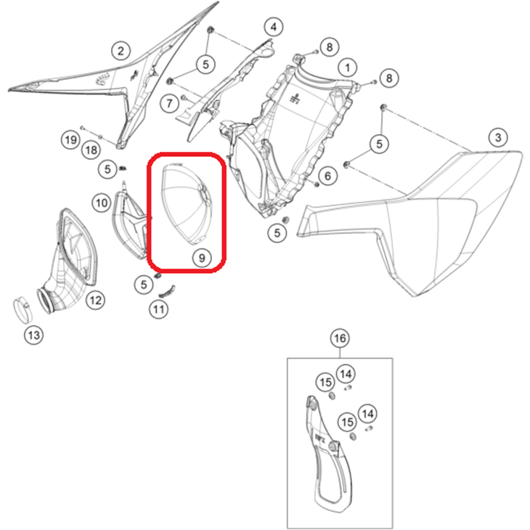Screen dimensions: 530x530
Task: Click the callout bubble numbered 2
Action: tap(121, 51)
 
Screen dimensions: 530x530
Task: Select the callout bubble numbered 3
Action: tap(498, 137)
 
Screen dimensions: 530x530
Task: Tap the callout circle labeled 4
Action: tap(274, 27)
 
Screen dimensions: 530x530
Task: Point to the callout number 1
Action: tap(348, 68)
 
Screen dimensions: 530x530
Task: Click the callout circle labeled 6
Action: tap(327, 176)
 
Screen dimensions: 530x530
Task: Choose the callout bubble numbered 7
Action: tap(169, 103)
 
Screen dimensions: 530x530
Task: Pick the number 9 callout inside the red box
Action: tap(202, 258)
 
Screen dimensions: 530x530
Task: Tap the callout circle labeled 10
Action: tap(102, 203)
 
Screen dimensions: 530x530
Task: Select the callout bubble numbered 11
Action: tap(159, 309)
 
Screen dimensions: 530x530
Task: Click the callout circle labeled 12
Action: tap(95, 300)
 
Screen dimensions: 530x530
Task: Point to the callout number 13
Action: tap(34, 335)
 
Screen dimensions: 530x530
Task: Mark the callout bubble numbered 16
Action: tap(340, 338)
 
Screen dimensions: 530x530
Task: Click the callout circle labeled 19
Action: tap(70, 140)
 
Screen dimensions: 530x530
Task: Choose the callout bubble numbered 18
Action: tap(91, 150)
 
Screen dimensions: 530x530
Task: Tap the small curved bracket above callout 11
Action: tap(167, 291)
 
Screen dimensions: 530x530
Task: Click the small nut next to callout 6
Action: tap(317, 184)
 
